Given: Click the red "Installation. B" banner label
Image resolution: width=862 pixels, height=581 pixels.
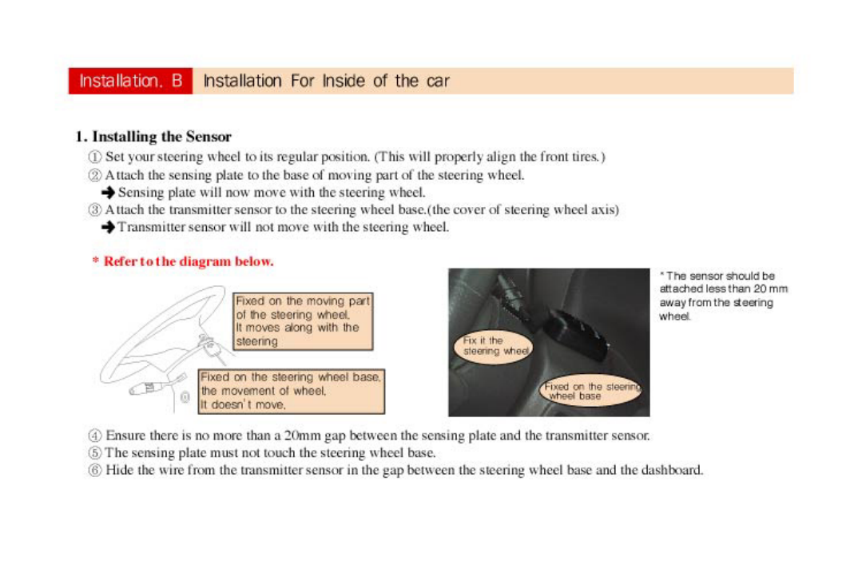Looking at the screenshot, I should coord(130,81).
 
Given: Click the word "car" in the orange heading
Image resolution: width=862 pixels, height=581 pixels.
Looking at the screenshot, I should coord(437,81).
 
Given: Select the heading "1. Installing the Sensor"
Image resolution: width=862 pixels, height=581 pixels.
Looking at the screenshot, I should coord(153,137).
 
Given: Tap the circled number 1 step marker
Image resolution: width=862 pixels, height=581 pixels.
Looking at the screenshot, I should coord(96,157).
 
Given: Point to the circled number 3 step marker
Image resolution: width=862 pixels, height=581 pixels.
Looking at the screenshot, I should coord(96,210).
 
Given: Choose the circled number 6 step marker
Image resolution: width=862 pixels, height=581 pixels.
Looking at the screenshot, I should coord(95,470).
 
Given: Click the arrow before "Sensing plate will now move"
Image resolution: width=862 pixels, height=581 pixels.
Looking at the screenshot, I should coord(109,193).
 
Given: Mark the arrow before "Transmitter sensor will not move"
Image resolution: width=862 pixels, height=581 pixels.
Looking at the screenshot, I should coord(109,228).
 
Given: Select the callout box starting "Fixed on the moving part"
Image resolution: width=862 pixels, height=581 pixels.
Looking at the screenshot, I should coord(303,321).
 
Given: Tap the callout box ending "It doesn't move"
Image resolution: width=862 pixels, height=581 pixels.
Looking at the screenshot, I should coord(291,391).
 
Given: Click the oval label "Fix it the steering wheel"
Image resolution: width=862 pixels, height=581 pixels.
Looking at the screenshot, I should coord(495,346).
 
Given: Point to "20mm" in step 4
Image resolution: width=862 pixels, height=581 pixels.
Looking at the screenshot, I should coord(303,436).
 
